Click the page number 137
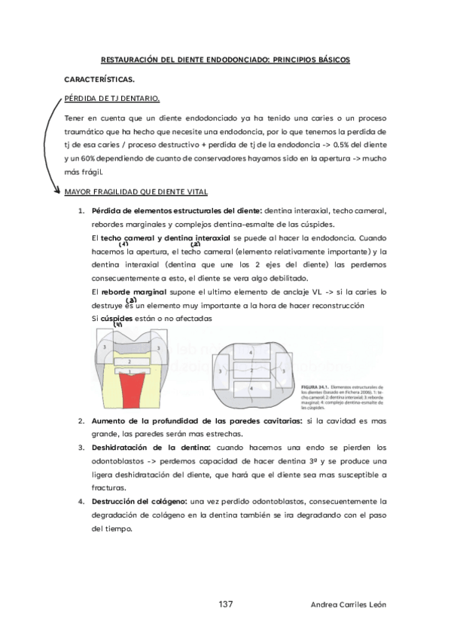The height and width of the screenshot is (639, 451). point(225,604)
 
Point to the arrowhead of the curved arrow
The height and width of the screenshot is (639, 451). point(59,191)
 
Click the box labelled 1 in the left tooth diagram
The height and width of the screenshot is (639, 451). point(130,371)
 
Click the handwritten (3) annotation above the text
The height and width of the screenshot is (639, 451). point(130,299)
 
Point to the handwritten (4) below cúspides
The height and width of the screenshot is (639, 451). point(117,325)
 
